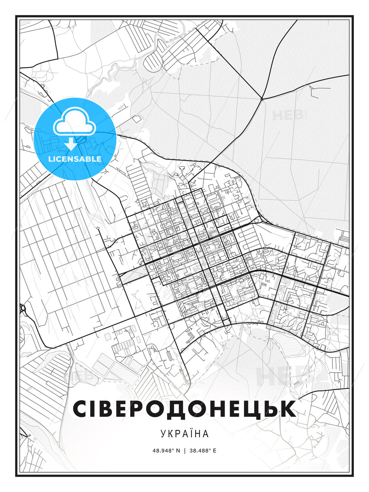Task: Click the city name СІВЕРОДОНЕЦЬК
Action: [184, 408]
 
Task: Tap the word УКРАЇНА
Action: [184, 434]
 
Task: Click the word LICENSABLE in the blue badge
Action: [75, 159]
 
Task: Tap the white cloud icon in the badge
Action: [74, 121]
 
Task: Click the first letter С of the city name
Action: [81, 408]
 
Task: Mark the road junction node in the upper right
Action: [261, 99]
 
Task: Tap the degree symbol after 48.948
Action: [173, 449]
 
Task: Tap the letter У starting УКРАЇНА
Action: [163, 434]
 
